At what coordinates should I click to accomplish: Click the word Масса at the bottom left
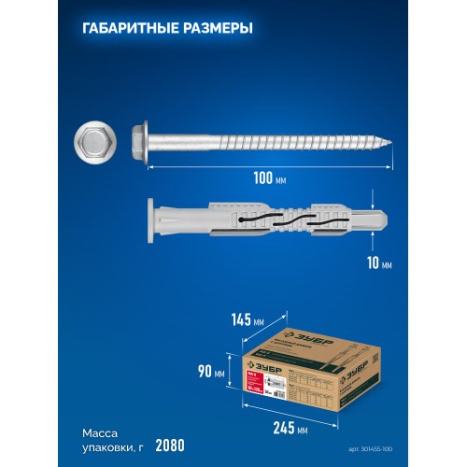pyautogui.click(x=100, y=434)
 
